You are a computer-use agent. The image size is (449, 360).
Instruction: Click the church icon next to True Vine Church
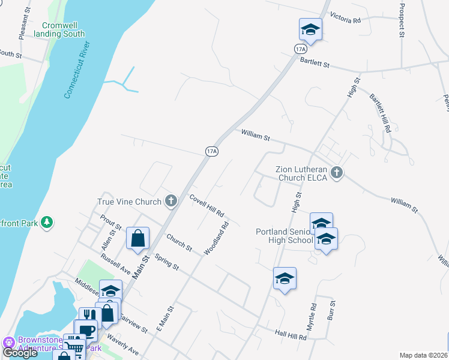[172, 201]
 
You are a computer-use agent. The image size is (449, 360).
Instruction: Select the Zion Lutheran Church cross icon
[337, 173]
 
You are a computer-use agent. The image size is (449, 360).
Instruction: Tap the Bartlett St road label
[315, 62]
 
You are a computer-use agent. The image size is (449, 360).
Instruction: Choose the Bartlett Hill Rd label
[380, 113]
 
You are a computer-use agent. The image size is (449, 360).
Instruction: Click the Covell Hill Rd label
[206, 205]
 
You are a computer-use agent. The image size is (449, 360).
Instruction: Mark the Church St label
[179, 242]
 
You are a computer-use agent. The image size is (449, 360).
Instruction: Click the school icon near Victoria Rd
[310, 29]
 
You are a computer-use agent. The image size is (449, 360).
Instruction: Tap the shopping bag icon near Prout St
[137, 238]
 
